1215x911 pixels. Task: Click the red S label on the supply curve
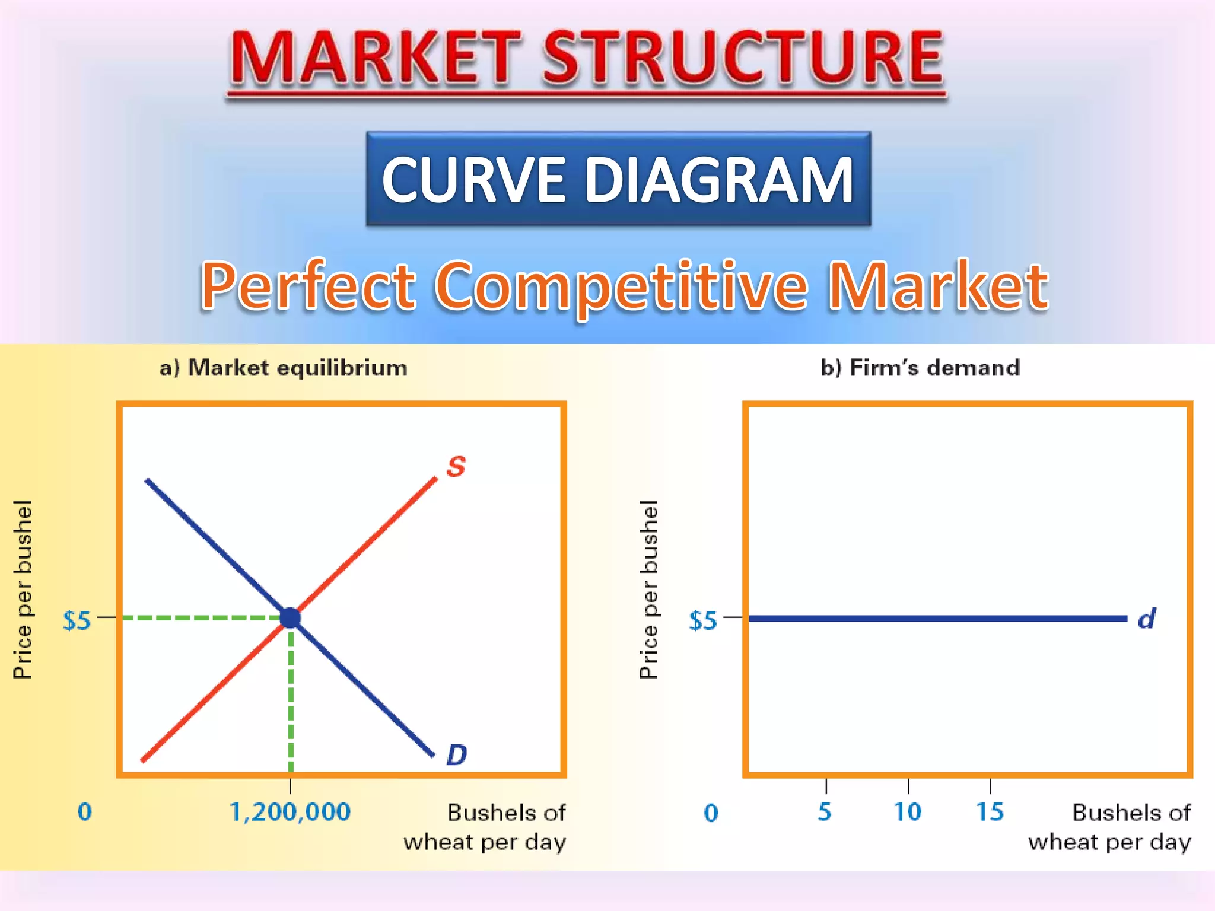(x=456, y=467)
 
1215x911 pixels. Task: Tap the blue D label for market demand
(x=456, y=755)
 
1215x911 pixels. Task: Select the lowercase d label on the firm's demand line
(x=1146, y=619)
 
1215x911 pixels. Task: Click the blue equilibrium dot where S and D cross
(x=290, y=618)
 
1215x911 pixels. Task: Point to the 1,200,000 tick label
(x=290, y=811)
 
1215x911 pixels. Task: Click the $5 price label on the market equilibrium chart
(x=77, y=620)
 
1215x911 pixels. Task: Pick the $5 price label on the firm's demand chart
(x=703, y=620)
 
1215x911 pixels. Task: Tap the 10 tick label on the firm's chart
(x=908, y=811)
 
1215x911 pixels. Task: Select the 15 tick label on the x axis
(x=990, y=811)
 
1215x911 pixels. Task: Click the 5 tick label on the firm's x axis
(x=825, y=811)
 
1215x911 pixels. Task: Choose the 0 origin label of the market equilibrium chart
(x=85, y=811)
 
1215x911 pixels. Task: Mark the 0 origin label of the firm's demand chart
(x=711, y=813)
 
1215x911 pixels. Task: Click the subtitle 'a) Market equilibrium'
(x=284, y=368)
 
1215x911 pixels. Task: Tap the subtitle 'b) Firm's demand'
(x=920, y=368)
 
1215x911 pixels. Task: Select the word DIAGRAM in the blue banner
(x=719, y=179)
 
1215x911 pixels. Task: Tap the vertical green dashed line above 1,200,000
(x=291, y=700)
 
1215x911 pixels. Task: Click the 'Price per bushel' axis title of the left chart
(x=23, y=589)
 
